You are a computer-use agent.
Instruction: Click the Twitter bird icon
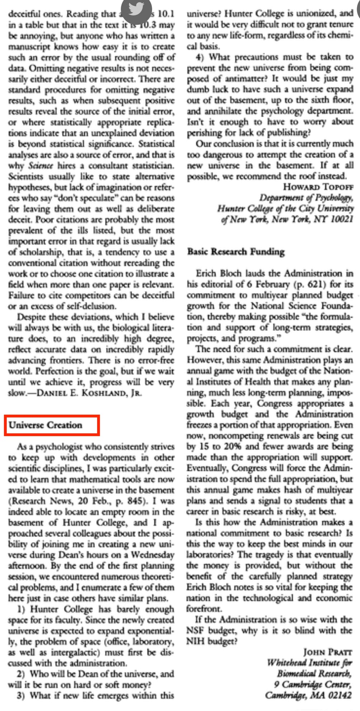136,9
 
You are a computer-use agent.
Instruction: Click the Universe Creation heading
46,425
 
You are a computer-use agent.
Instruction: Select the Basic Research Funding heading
236,252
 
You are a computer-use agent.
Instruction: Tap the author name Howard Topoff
318,187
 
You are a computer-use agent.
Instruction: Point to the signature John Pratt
327,652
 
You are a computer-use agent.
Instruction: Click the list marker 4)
200,57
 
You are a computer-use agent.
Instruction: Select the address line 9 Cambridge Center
312,684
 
